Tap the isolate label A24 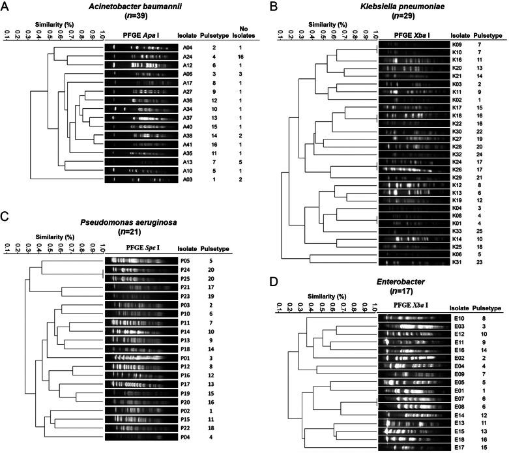pyautogui.click(x=188, y=56)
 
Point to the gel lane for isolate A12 pyautogui.click(x=140, y=65)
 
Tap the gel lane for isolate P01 pyautogui.click(x=139, y=339)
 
